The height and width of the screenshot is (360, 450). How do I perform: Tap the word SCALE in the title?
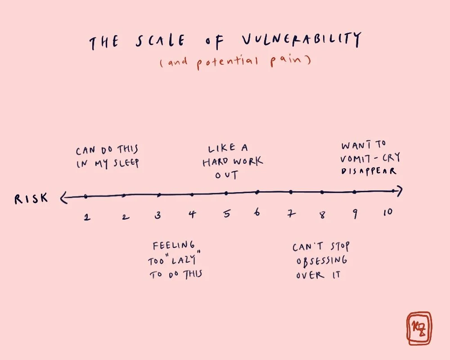[x=160, y=42]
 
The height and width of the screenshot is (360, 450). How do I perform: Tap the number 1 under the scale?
[x=86, y=217]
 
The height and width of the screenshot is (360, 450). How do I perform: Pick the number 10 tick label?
[x=387, y=212]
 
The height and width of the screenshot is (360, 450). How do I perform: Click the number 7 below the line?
[x=292, y=214]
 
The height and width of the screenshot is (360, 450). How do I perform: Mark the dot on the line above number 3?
[x=159, y=195]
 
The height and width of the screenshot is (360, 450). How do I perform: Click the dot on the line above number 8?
[x=322, y=192]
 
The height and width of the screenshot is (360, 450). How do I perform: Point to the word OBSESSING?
[x=322, y=261]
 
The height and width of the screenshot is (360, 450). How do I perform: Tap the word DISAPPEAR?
[x=369, y=171]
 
